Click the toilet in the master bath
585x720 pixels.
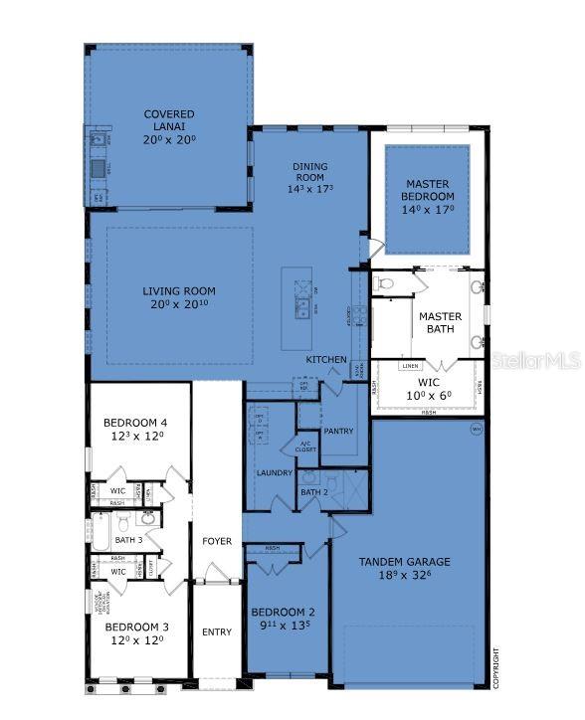(x=387, y=284)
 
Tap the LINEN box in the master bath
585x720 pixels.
(x=409, y=366)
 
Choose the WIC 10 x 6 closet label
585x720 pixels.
(x=429, y=388)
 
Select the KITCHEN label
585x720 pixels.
(x=326, y=359)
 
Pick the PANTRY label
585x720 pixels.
(x=338, y=431)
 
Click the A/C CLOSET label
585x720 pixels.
(x=305, y=449)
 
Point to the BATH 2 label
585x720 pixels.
(x=313, y=491)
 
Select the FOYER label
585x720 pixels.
(x=217, y=542)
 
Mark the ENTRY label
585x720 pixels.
(x=217, y=631)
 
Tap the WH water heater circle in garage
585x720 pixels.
(x=476, y=430)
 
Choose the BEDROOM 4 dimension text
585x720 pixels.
(x=134, y=435)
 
